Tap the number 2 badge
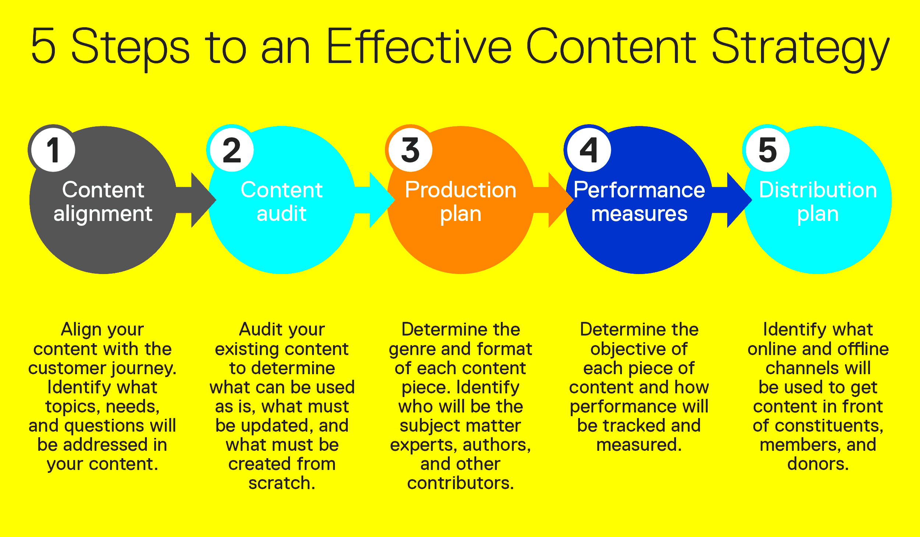232,150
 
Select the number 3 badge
410,150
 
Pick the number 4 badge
589,150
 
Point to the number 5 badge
768,150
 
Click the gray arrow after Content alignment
199,200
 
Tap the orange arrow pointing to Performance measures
556,200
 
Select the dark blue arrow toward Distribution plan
734,200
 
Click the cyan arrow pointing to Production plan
377,200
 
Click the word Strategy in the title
800,48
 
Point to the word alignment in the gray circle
103,214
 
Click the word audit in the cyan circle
282,214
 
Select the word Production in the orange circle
460,190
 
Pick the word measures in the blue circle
639,214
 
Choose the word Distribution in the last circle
818,190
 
